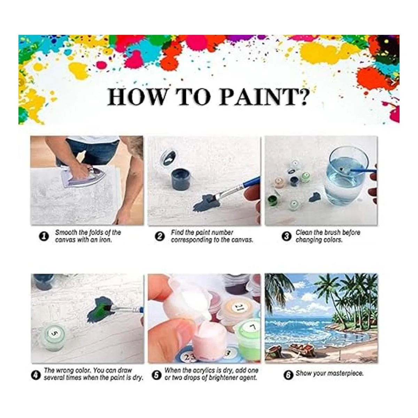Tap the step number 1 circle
(x=44, y=236)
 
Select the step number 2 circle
(x=160, y=236)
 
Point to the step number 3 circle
(x=286, y=236)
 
